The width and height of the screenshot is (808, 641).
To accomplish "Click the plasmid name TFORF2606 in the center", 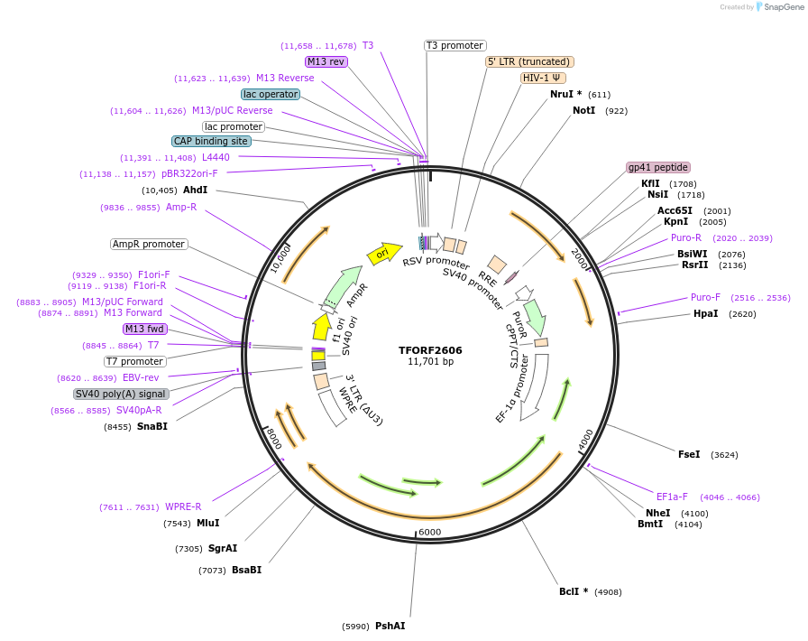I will (x=430, y=350).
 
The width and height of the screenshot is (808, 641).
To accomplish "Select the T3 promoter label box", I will (x=455, y=45).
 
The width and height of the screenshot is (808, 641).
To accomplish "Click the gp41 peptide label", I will (x=658, y=167).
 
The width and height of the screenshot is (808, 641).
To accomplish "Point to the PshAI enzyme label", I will (x=390, y=626).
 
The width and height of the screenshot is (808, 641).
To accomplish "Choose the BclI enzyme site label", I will (x=568, y=591).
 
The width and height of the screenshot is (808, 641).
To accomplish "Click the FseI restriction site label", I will (x=689, y=454).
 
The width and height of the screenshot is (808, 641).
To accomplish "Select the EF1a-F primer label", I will (x=672, y=497).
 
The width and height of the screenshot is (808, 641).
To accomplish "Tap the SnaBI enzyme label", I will (x=152, y=426).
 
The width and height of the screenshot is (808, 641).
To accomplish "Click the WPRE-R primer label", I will (x=183, y=506).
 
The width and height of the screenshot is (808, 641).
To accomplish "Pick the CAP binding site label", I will (x=211, y=141).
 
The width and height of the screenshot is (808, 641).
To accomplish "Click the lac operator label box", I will (x=271, y=94).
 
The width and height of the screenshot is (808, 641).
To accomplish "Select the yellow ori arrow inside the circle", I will (x=384, y=254).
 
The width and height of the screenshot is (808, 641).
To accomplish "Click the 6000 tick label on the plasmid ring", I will (x=430, y=532).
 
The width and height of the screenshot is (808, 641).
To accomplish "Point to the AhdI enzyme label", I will (x=195, y=190).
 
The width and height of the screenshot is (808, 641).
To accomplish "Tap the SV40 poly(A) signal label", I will (x=121, y=394).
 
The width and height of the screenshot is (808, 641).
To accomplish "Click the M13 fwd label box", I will (x=145, y=329).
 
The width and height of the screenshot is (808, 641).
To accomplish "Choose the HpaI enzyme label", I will (x=706, y=313).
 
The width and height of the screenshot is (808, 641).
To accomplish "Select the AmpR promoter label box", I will (x=149, y=244).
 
